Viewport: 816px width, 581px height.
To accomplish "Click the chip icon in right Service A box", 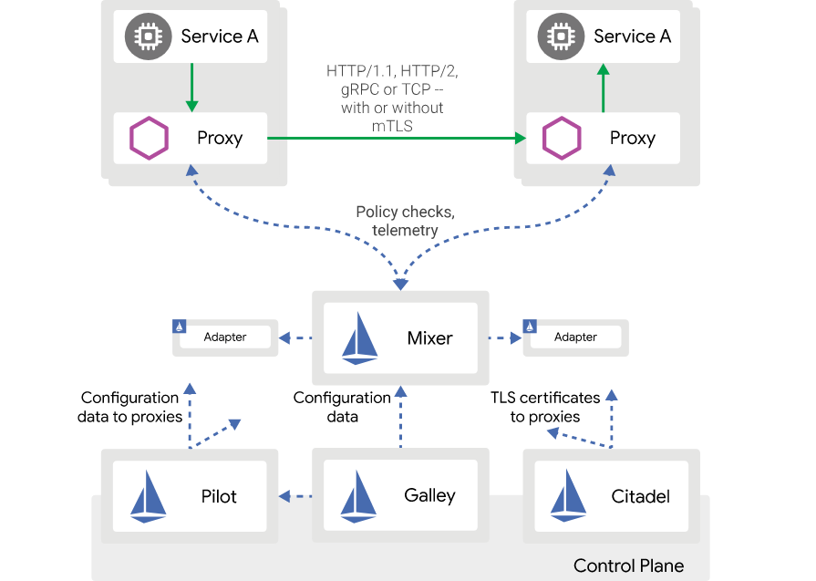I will click(560, 36).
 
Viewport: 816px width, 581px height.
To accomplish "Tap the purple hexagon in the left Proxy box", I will click(149, 139).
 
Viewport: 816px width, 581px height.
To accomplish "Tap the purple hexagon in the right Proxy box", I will click(562, 139).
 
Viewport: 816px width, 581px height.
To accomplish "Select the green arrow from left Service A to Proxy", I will click(191, 87).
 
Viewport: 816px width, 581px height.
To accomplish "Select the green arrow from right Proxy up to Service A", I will click(603, 88).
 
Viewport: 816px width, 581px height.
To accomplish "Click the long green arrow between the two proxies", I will click(397, 139).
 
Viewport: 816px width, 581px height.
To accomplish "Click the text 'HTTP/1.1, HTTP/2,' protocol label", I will click(398, 70).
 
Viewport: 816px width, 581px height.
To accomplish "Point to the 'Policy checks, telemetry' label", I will click(405, 221).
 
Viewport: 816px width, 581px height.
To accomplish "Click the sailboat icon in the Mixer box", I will click(359, 339).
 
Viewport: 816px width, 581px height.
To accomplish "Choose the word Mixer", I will click(429, 338).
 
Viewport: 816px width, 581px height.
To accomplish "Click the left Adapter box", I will click(225, 337).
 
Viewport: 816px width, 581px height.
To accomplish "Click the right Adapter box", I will click(575, 337).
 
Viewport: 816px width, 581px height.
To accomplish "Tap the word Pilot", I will click(219, 497).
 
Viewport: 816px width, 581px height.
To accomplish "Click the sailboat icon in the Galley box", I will click(359, 496).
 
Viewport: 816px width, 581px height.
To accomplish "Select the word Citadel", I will click(640, 497).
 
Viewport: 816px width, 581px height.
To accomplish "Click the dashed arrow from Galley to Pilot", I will click(295, 496).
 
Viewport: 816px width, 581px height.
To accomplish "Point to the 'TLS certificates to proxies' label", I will click(545, 407).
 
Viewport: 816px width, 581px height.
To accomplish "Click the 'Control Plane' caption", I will click(628, 565).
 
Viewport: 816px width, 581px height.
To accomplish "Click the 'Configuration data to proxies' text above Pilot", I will click(129, 407).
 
